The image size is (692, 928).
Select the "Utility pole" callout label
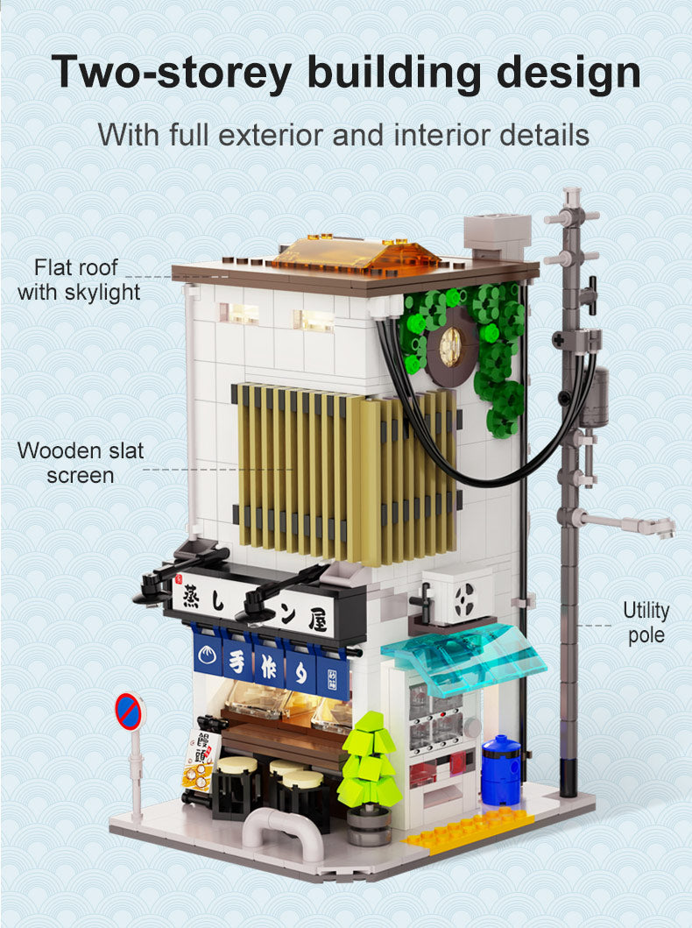click(x=646, y=622)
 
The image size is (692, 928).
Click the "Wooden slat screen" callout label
click(x=81, y=464)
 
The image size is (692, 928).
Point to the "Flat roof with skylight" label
click(x=78, y=280)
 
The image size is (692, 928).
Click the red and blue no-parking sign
click(x=128, y=712)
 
